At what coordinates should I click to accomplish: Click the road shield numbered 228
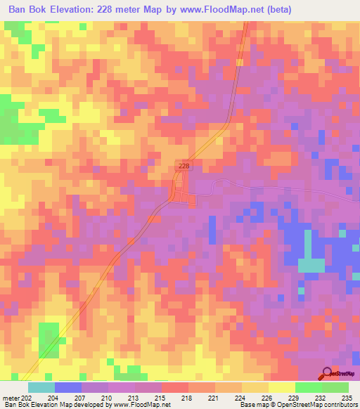point(184,165)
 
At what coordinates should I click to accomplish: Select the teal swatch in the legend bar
point(41,387)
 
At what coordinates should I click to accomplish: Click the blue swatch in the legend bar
point(67,387)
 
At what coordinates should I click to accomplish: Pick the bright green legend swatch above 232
point(308,387)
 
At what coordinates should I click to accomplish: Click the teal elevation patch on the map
point(311,265)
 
